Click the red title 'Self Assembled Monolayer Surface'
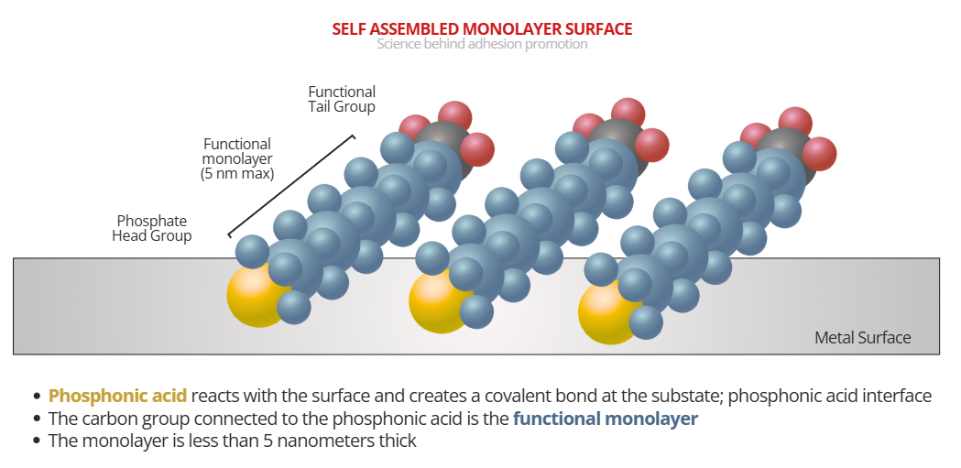(482, 28)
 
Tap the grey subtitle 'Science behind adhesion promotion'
(482, 44)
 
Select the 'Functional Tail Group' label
(342, 99)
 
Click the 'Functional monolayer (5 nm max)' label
(237, 158)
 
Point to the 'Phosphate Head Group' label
(152, 228)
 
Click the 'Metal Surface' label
(862, 338)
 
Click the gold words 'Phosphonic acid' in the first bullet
(117, 397)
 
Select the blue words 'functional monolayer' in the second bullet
(605, 419)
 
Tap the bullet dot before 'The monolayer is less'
(37, 441)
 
